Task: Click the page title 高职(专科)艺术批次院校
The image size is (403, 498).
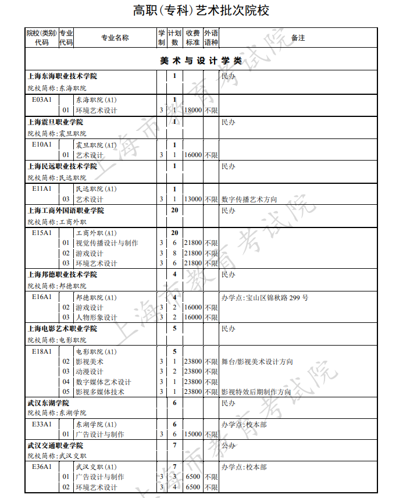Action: click(x=201, y=10)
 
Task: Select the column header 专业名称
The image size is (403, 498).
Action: click(x=115, y=38)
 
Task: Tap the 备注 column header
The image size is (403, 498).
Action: click(x=298, y=38)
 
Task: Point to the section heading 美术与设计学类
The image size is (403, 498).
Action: click(x=201, y=61)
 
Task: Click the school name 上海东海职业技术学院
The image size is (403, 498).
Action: click(x=63, y=76)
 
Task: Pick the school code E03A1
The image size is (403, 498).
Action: click(x=42, y=100)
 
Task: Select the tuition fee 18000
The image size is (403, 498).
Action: click(x=192, y=111)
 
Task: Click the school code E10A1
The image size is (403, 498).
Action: click(x=42, y=145)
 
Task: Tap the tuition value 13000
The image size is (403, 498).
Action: click(x=192, y=200)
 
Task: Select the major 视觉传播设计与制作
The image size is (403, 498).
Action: click(x=107, y=243)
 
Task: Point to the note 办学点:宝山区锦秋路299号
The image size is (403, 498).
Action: click(x=265, y=298)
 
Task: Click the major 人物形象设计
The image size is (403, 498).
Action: click(x=97, y=318)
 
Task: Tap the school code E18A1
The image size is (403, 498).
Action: click(x=42, y=352)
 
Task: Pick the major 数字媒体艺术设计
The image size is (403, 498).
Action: click(x=104, y=382)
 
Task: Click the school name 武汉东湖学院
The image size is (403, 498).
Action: click(x=48, y=403)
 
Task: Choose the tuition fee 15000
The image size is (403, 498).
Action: click(x=192, y=435)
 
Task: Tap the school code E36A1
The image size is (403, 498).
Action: click(x=42, y=467)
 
